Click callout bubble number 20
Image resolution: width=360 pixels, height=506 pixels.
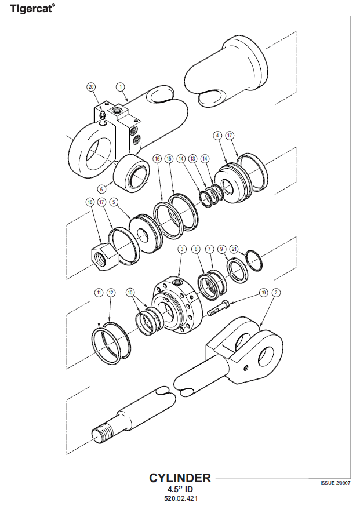[92, 87]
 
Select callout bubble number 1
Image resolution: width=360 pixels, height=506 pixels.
[121, 87]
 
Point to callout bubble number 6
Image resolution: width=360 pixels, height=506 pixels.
[101, 189]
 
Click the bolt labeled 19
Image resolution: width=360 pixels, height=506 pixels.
[219, 308]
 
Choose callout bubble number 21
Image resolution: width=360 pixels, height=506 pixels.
[234, 249]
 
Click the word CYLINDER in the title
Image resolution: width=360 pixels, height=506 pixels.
[180, 478]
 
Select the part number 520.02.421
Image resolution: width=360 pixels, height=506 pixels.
[181, 498]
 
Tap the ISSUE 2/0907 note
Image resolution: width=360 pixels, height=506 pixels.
[335, 483]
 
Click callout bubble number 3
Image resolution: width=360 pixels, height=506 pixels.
[182, 249]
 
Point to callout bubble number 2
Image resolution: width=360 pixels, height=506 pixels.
[276, 293]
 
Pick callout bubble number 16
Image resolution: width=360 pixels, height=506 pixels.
[157, 158]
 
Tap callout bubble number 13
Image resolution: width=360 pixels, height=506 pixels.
[192, 158]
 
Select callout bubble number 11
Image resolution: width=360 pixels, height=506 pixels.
[99, 293]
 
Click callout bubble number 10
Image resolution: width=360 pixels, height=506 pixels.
[130, 293]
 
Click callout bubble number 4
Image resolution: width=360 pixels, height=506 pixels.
[217, 136]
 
